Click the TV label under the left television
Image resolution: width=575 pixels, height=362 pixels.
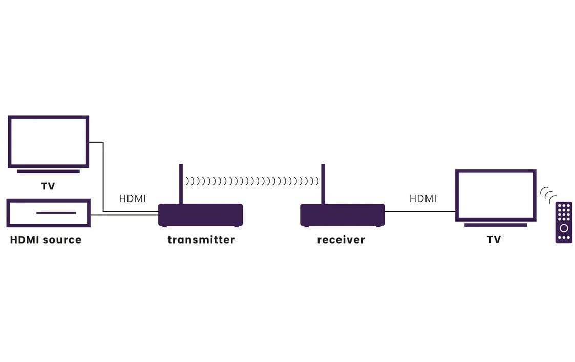(48, 186)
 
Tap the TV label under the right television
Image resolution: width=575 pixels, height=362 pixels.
(494, 239)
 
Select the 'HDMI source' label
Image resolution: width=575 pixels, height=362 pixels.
(46, 239)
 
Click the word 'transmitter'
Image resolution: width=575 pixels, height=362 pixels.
(201, 239)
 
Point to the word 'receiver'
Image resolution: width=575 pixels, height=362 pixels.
(341, 239)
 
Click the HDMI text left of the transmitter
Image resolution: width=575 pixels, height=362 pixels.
(133, 198)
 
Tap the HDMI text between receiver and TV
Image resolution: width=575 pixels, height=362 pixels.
(423, 198)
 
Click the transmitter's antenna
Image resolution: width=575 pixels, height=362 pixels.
(181, 184)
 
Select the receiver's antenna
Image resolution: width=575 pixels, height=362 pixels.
(323, 184)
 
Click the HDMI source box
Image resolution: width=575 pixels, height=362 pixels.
(49, 213)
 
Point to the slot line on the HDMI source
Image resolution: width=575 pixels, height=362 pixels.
(56, 213)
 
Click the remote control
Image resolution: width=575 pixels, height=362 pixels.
(564, 222)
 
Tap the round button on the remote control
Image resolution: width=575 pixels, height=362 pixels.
(564, 228)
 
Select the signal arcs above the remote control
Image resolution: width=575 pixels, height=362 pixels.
(548, 194)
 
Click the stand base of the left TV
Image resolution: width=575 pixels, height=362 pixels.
(48, 171)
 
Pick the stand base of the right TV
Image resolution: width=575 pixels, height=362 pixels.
(495, 225)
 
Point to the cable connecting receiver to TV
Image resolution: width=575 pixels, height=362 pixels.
(420, 211)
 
